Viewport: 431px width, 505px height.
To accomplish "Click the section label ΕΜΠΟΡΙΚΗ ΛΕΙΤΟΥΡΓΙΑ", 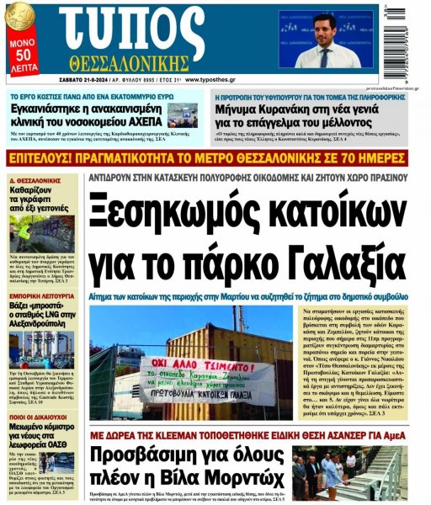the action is coord(41,295).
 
